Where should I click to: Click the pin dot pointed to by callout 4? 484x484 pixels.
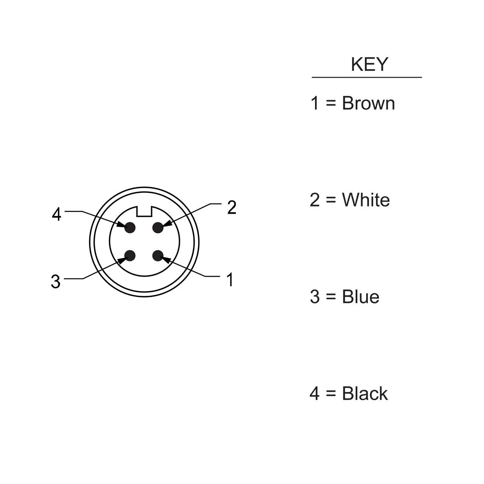point(130,228)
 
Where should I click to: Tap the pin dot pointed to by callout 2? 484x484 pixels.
point(158,228)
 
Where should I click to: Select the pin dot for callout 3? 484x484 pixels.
point(130,256)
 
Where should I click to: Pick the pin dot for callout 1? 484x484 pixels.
point(158,256)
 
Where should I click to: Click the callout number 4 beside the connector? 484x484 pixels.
point(56,214)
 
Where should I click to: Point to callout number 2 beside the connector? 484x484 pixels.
point(231,208)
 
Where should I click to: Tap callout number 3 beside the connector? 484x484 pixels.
point(56,282)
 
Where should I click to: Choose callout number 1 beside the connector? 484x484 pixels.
point(230,279)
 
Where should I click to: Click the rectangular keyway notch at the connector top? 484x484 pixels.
point(144,211)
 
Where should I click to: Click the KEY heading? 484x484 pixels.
point(369,65)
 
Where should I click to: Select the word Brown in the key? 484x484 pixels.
point(368,103)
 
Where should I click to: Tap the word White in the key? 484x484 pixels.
point(366,200)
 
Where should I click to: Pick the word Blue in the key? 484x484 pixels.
point(361,296)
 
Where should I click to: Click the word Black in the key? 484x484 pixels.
point(365,393)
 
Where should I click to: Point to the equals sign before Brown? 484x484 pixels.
point(331,104)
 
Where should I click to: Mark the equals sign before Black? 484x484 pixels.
point(331,394)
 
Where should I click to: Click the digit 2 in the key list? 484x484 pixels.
point(315,200)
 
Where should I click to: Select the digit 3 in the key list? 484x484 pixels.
point(315,296)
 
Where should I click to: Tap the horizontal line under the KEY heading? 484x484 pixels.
point(367,78)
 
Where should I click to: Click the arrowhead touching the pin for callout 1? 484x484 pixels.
point(165,260)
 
